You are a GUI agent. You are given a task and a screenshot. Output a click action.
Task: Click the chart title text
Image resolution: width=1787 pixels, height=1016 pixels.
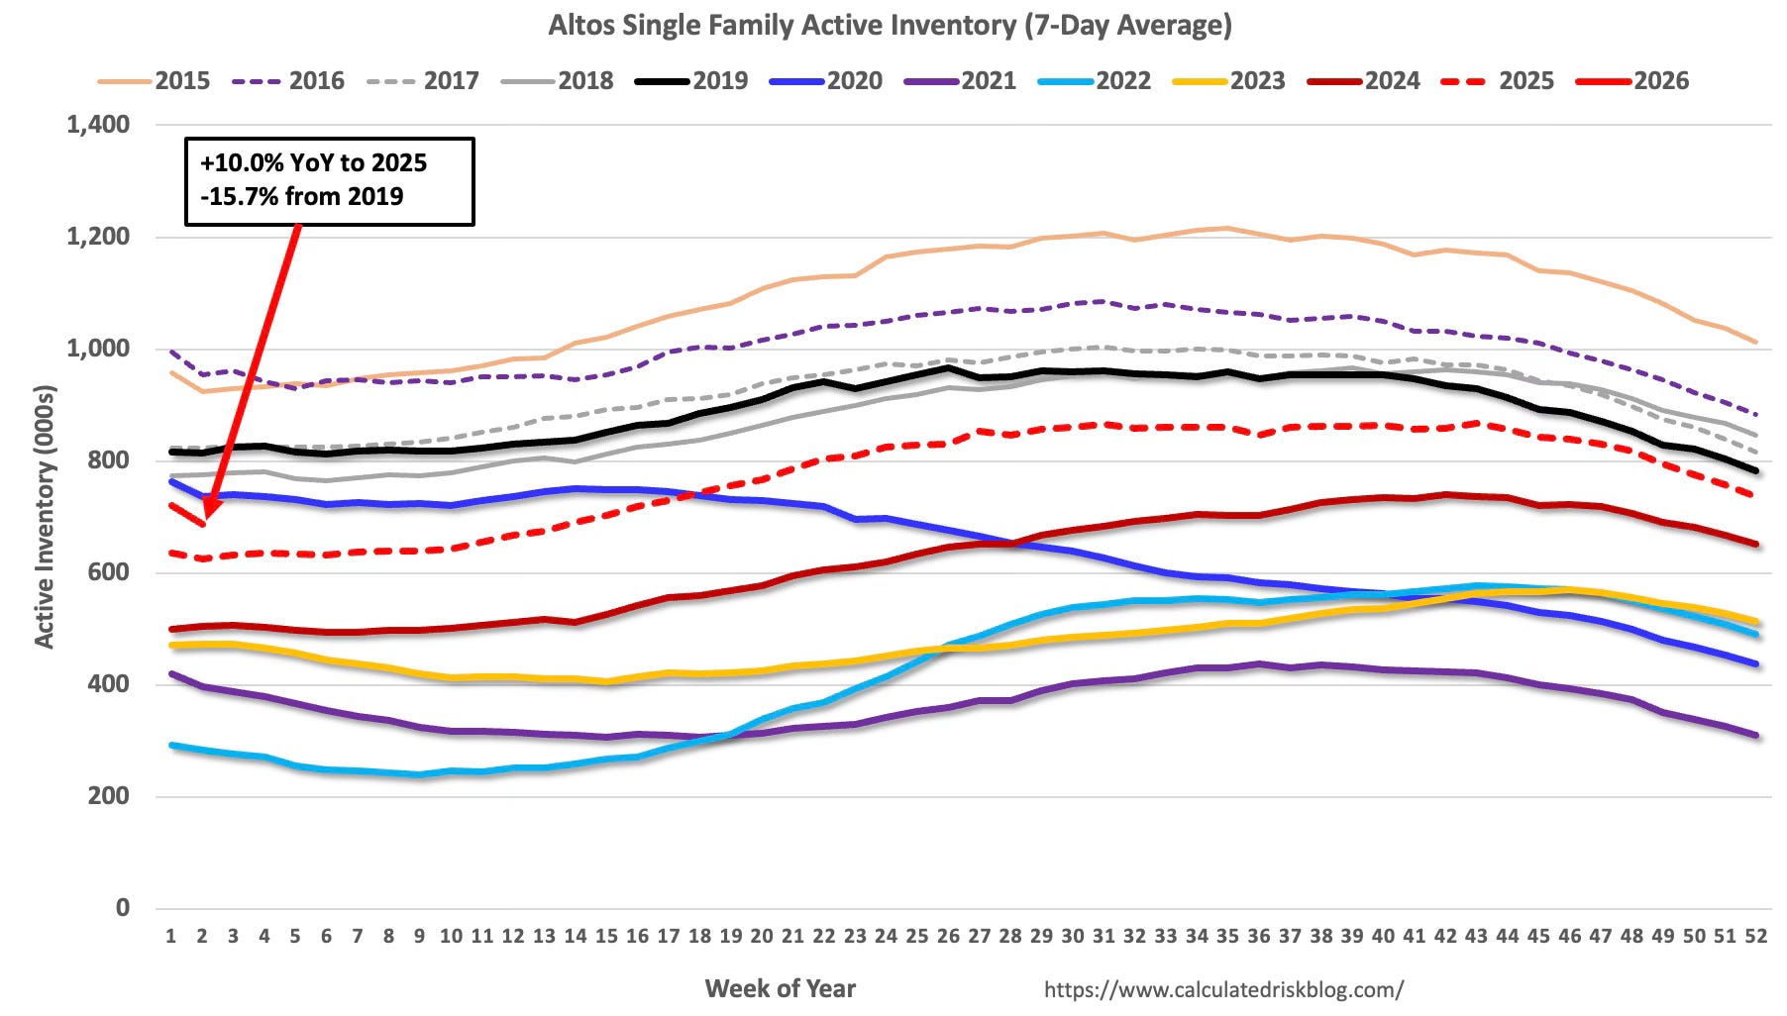tap(890, 24)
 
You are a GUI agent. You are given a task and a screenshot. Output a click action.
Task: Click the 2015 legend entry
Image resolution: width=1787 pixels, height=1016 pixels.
tap(155, 80)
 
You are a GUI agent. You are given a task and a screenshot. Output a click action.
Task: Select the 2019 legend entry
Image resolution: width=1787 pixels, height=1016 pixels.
tap(691, 80)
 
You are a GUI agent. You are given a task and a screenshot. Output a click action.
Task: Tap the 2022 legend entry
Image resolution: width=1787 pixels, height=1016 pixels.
tap(1095, 80)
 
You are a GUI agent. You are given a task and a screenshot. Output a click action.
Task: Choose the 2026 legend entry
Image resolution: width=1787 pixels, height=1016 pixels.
tap(1632, 80)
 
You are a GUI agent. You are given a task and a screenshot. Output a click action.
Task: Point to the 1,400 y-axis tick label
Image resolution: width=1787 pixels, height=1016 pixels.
tap(98, 125)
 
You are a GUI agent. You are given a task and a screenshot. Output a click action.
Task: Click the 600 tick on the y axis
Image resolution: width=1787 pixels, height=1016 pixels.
tap(108, 572)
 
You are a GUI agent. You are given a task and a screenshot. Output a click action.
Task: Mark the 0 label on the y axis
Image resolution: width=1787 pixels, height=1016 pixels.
tap(122, 907)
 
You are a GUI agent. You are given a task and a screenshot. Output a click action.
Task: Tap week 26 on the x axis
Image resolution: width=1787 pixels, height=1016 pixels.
tap(948, 936)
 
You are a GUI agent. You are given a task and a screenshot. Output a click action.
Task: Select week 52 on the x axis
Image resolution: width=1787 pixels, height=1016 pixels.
tap(1755, 936)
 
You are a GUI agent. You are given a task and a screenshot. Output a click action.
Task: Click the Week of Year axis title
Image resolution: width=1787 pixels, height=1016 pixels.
tap(780, 987)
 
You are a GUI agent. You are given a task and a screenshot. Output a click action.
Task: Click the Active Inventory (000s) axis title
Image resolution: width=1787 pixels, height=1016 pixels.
tap(45, 515)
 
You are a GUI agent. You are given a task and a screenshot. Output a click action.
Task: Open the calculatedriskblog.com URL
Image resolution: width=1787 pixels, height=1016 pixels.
tap(1223, 988)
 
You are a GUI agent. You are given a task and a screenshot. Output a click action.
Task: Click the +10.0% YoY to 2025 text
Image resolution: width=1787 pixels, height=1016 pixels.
tap(313, 162)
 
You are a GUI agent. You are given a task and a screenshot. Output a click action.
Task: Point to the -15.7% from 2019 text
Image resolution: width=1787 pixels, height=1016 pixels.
tap(302, 196)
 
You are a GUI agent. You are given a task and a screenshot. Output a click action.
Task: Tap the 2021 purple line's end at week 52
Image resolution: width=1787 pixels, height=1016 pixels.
tap(1755, 735)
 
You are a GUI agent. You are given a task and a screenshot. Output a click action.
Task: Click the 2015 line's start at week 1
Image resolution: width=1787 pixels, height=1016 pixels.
tap(171, 372)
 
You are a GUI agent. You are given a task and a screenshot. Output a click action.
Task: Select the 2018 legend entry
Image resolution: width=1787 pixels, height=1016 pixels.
tap(558, 80)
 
